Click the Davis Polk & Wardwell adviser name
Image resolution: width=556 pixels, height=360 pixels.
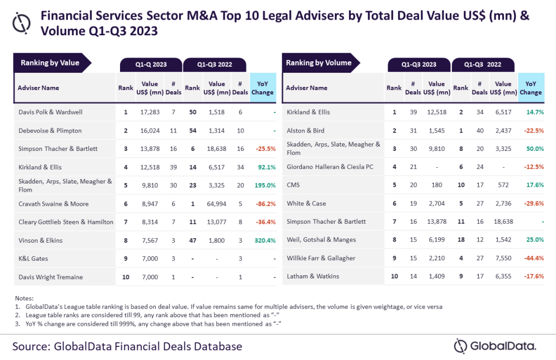(x=49, y=112)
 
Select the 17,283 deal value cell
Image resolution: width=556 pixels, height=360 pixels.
(x=149, y=112)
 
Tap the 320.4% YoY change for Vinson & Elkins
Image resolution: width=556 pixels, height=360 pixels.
(x=263, y=241)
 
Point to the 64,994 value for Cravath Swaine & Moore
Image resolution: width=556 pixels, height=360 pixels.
(x=217, y=204)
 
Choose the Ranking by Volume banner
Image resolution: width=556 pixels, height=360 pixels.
(x=319, y=63)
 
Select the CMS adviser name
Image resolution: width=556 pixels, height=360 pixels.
(x=294, y=185)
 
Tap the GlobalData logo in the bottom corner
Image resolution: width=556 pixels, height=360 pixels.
(x=495, y=346)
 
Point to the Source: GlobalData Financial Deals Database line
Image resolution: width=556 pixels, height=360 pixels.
(x=127, y=346)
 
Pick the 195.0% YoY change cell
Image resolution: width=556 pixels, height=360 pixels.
(x=263, y=185)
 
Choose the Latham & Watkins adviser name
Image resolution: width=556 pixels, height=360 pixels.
(x=313, y=276)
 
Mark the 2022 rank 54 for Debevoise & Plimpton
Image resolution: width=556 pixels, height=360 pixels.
(x=192, y=130)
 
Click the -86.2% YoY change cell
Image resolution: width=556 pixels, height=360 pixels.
(x=263, y=204)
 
